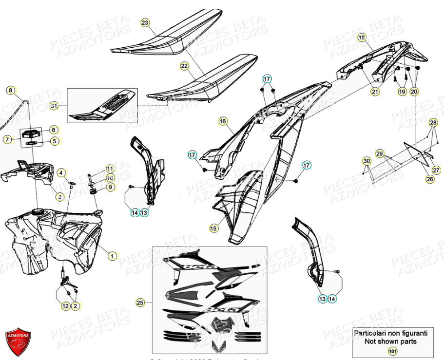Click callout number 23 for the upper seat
click(x=145, y=22)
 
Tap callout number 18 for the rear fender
click(x=361, y=37)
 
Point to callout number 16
click(x=223, y=121)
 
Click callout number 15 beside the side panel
click(x=213, y=228)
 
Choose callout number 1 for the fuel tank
click(x=112, y=255)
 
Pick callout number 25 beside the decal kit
click(x=140, y=303)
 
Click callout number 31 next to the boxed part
click(x=54, y=105)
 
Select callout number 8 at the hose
click(x=10, y=90)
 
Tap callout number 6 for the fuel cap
click(x=54, y=130)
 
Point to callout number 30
click(x=366, y=161)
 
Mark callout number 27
click(x=436, y=170)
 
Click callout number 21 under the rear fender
click(x=374, y=91)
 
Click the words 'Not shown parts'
click(x=390, y=341)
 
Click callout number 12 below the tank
click(x=65, y=306)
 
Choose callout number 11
click(x=110, y=168)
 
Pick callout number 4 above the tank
click(x=61, y=172)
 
